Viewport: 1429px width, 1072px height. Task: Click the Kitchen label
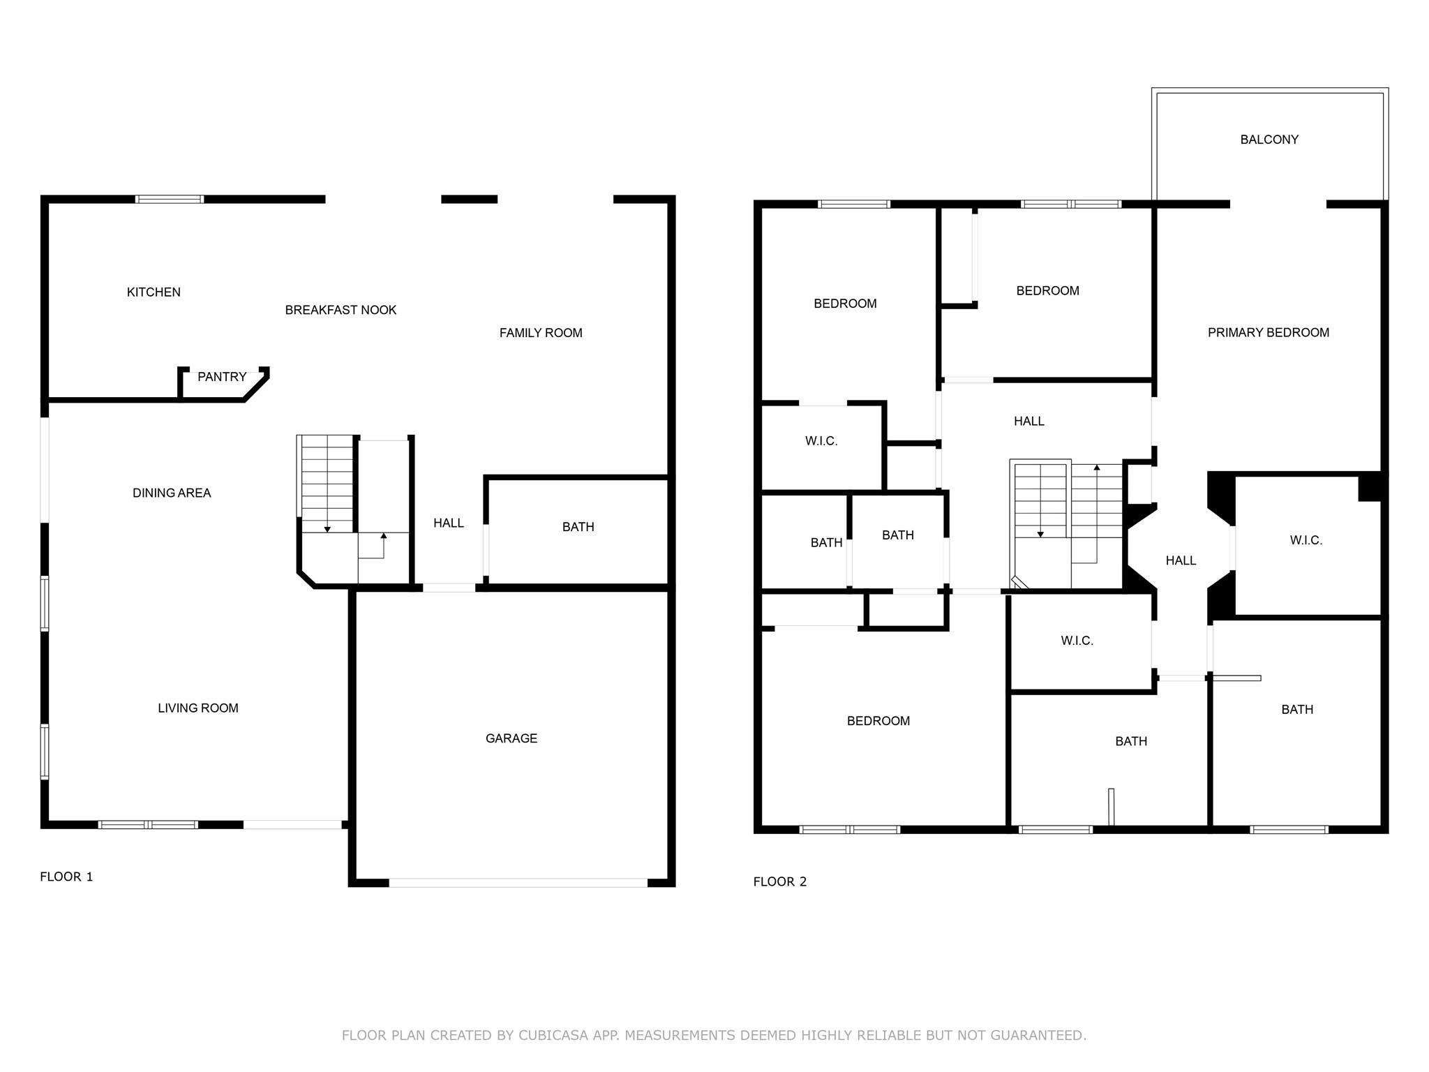pos(154,292)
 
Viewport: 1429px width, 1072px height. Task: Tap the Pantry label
pos(222,377)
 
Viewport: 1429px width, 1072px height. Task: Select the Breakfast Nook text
pos(341,310)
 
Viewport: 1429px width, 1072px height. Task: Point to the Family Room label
pos(541,333)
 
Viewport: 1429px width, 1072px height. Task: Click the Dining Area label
pos(172,493)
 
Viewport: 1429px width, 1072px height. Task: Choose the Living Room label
pos(198,708)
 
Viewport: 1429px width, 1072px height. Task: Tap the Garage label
pos(511,738)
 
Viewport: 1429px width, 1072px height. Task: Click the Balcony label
pos(1269,140)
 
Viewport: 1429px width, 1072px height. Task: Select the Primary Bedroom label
pos(1269,333)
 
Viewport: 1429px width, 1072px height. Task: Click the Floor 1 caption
pos(66,877)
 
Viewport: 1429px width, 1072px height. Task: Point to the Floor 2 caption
pos(780,881)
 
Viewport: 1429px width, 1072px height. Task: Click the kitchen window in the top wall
pos(170,199)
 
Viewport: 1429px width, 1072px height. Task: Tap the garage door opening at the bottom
pos(518,883)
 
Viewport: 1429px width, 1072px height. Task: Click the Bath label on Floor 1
pos(578,527)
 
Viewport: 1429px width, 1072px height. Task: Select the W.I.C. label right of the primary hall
pos(1306,540)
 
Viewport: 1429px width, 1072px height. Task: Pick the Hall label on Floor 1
pos(449,523)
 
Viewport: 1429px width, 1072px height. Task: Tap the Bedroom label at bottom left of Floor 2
pos(878,721)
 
